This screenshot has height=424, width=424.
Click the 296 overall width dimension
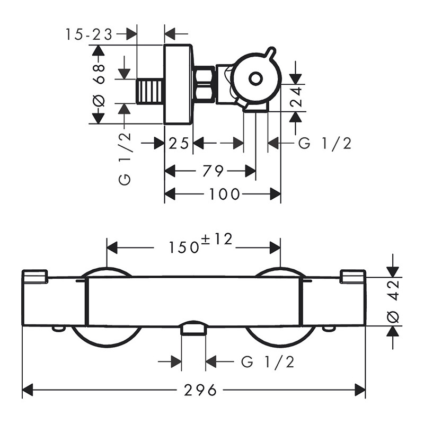(x=200, y=390)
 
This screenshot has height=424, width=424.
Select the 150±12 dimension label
(x=200, y=244)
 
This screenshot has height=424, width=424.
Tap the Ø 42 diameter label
(x=393, y=301)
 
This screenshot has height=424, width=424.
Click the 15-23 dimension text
(x=89, y=34)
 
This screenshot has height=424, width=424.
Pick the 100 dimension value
(x=224, y=194)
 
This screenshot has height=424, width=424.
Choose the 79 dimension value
(x=213, y=171)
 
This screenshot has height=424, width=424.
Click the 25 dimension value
(x=179, y=143)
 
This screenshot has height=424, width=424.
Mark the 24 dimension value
(x=296, y=96)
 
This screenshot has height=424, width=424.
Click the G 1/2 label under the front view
(x=267, y=361)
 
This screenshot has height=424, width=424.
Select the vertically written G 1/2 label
(x=125, y=158)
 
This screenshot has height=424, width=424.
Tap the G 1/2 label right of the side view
(x=325, y=143)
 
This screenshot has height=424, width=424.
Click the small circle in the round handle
(x=255, y=78)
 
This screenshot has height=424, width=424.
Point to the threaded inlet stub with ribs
(x=151, y=91)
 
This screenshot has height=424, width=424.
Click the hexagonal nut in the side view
(x=205, y=84)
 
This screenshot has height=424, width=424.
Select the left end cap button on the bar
(x=35, y=276)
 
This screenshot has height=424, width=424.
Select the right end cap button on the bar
(x=352, y=276)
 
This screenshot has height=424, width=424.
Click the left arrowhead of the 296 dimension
(x=28, y=390)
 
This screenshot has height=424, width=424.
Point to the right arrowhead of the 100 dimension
(x=275, y=194)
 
